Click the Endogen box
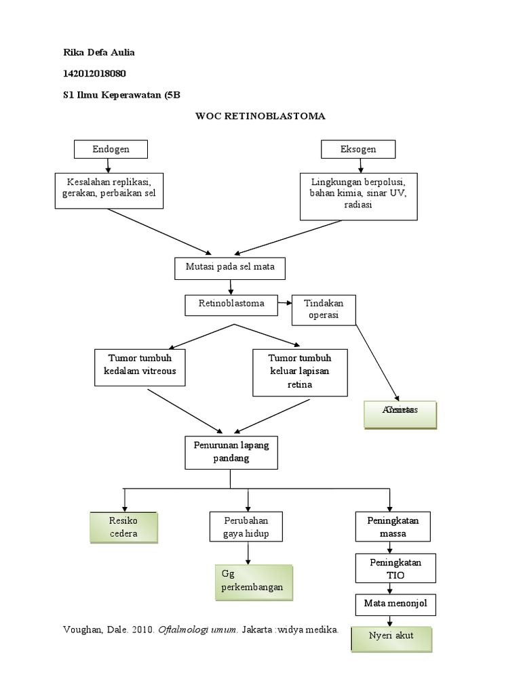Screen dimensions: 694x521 click(x=111, y=149)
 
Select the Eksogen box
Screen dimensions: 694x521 click(x=358, y=149)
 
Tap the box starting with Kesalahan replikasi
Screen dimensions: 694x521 click(x=110, y=189)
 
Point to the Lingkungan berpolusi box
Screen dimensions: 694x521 click(x=359, y=195)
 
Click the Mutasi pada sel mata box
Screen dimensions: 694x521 click(x=230, y=268)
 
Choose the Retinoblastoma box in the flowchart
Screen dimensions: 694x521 click(x=232, y=304)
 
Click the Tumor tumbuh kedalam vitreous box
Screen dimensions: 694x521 click(x=139, y=366)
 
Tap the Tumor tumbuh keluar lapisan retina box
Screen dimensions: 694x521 click(x=300, y=372)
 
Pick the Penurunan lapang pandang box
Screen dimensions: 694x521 click(x=231, y=453)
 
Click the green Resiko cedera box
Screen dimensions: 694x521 click(x=123, y=527)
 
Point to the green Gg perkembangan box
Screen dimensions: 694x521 click(x=254, y=581)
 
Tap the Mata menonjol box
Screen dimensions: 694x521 click(x=395, y=604)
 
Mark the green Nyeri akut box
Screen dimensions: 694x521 click(x=391, y=638)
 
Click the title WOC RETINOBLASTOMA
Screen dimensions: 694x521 click(x=260, y=116)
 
